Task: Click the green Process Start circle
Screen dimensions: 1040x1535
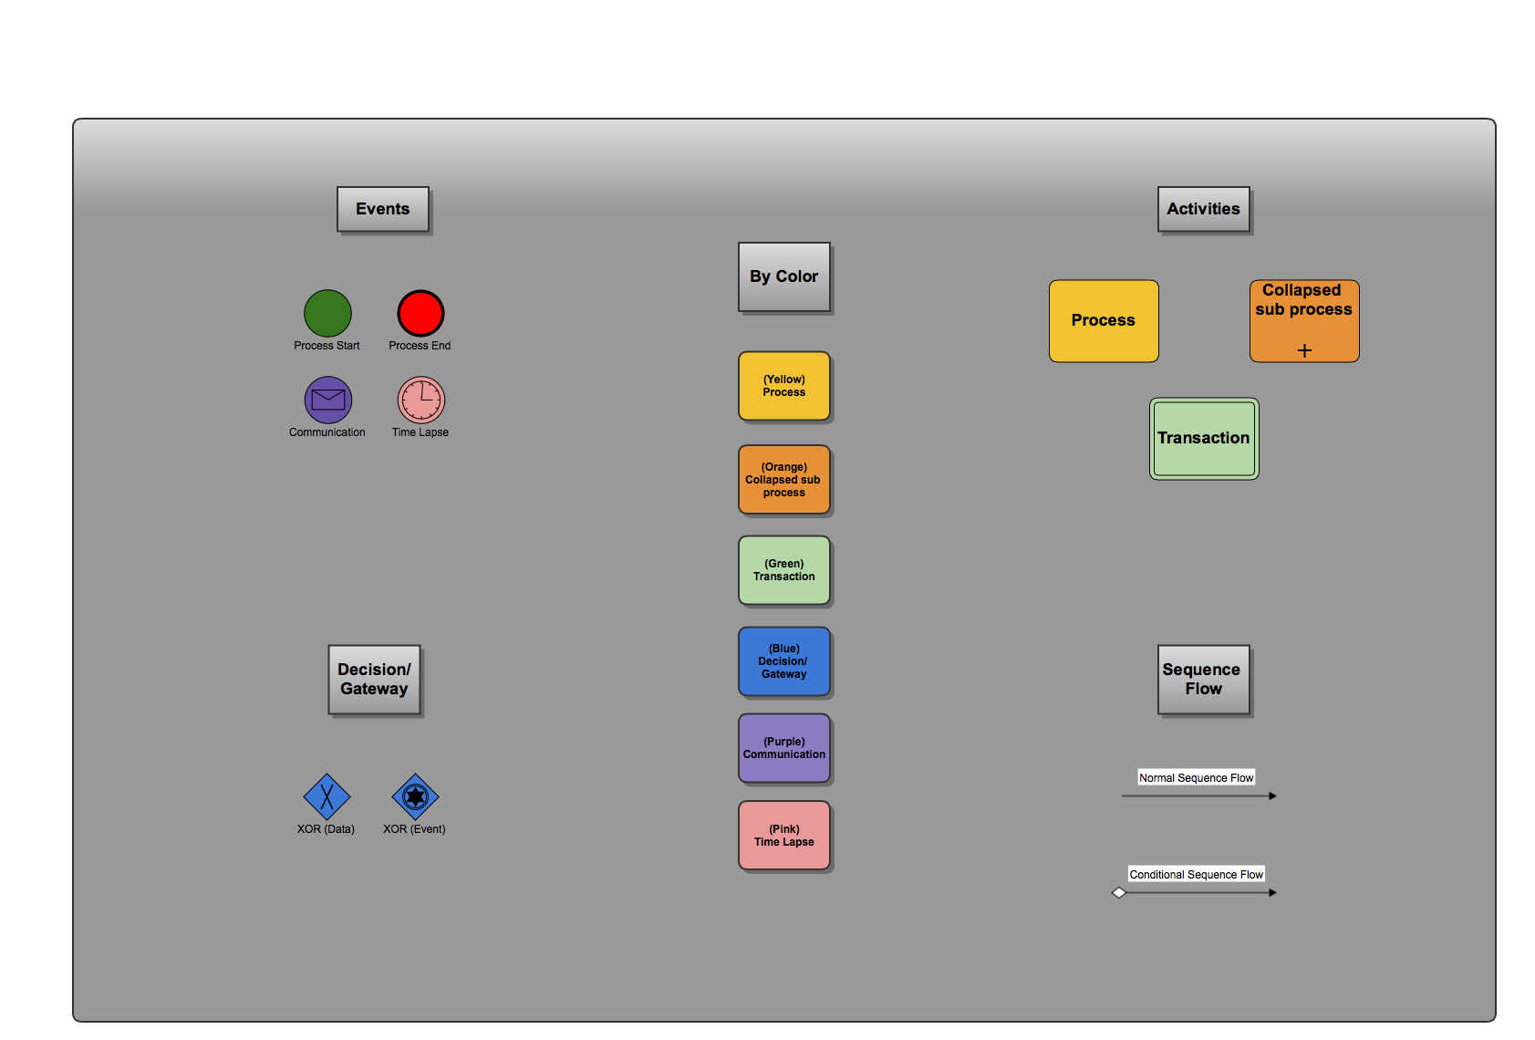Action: click(x=327, y=313)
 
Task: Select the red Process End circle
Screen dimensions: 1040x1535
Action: click(x=420, y=313)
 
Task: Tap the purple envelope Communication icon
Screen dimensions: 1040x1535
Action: click(x=328, y=400)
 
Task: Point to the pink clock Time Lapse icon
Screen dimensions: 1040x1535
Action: click(x=420, y=400)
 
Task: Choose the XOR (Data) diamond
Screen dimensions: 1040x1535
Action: click(x=327, y=796)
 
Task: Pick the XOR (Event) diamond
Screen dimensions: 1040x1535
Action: click(x=415, y=796)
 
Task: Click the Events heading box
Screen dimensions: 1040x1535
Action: click(x=383, y=209)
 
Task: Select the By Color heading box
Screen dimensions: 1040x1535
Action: click(x=784, y=276)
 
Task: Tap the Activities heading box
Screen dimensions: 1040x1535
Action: click(x=1203, y=209)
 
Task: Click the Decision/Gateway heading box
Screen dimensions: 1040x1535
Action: click(x=374, y=680)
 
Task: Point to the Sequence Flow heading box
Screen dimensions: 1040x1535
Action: click(x=1203, y=680)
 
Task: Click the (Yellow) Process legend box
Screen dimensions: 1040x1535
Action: click(x=784, y=386)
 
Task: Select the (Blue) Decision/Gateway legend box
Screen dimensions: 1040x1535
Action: click(x=784, y=661)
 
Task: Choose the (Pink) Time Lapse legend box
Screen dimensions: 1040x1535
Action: click(x=784, y=836)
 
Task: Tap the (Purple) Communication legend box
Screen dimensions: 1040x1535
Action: click(x=784, y=748)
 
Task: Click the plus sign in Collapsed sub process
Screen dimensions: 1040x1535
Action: click(x=1304, y=350)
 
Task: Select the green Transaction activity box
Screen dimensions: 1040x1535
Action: click(x=1204, y=439)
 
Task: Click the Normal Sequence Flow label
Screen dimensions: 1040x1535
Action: click(x=1196, y=777)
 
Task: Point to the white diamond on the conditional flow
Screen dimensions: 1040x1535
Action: click(x=1119, y=892)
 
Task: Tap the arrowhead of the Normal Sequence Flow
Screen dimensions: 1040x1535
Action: click(x=1272, y=796)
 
